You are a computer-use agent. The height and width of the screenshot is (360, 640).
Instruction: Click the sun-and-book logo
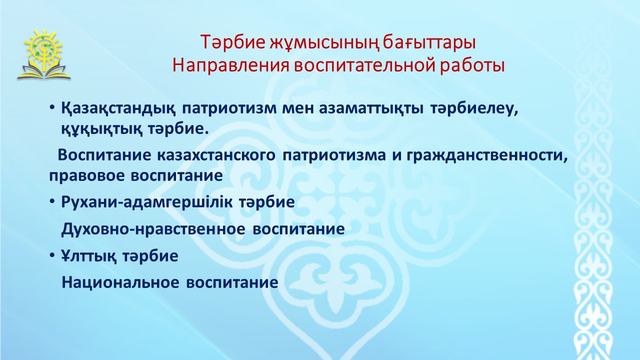click(43, 54)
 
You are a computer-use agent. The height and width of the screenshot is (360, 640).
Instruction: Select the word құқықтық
click(102, 129)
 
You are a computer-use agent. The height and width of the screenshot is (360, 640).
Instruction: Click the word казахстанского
click(216, 155)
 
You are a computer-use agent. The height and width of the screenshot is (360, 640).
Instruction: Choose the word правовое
click(87, 176)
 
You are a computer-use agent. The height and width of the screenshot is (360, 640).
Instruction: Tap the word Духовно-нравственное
click(153, 229)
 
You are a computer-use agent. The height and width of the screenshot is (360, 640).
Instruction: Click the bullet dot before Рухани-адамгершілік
click(51, 201)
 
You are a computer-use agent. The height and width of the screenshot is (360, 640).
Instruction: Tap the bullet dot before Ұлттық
click(51, 255)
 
